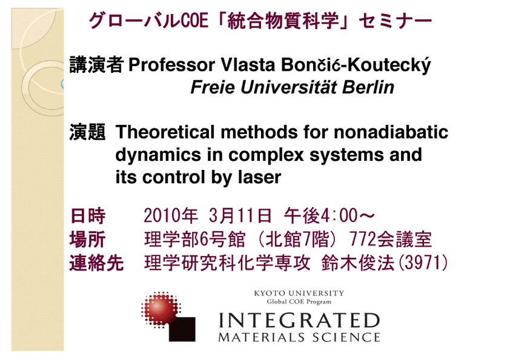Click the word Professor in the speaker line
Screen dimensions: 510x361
point(171,65)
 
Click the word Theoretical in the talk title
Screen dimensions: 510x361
point(165,132)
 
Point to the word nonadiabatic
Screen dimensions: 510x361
point(391,132)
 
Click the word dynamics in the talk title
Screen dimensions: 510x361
point(157,155)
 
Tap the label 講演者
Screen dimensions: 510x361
point(96,64)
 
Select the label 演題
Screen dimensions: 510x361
point(87,132)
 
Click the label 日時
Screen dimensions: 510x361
point(87,215)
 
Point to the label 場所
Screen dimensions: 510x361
point(87,240)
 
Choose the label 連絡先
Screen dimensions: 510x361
point(96,263)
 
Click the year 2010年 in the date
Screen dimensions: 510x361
point(171,215)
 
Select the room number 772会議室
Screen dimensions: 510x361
point(391,240)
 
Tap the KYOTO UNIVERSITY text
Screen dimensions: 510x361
point(299,293)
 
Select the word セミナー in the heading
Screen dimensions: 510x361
point(396,21)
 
